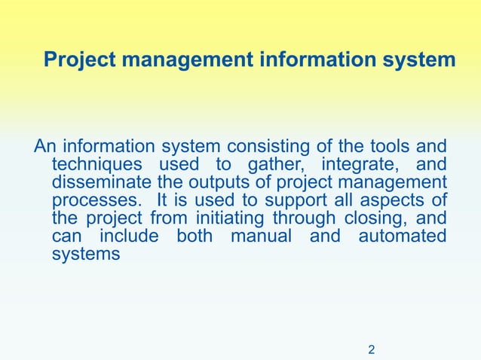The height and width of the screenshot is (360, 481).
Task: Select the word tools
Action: click(381, 146)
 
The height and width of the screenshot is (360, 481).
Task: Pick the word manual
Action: click(261, 236)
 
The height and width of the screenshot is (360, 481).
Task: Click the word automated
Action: click(402, 236)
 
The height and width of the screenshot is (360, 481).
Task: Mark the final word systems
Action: click(86, 255)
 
